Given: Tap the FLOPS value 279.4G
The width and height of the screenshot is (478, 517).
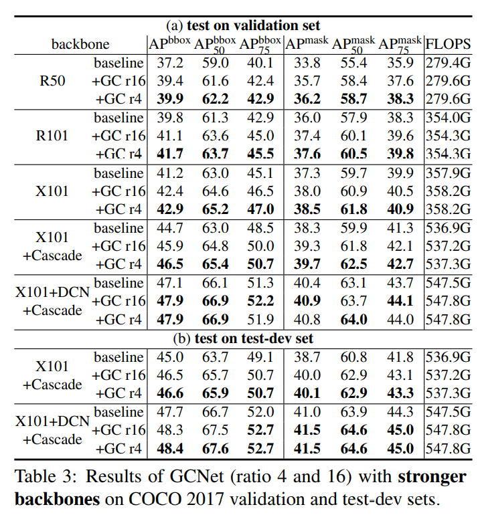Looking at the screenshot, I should [447, 64].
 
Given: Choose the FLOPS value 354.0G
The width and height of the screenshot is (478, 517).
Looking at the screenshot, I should [447, 118].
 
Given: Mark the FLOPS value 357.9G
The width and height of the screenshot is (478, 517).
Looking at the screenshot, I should [447, 174].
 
